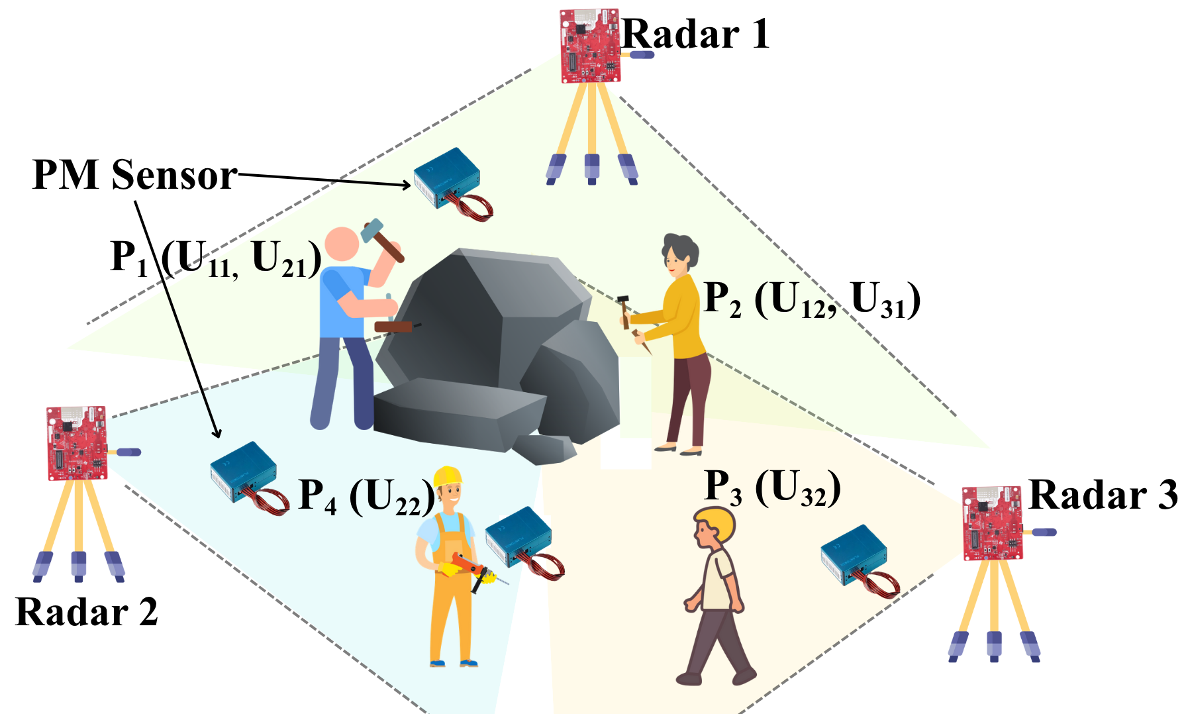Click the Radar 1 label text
[x=696, y=34]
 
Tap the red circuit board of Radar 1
[x=590, y=46]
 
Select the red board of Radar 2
[x=77, y=443]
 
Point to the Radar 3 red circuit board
[x=992, y=523]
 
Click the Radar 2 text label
[x=87, y=611]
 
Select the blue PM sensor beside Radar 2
[x=249, y=477]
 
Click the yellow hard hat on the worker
[x=447, y=476]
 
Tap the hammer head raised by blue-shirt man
[x=373, y=230]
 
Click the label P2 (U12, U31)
[x=812, y=299]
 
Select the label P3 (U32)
[x=772, y=487]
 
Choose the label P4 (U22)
[x=366, y=495]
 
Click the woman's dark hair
[x=681, y=250]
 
